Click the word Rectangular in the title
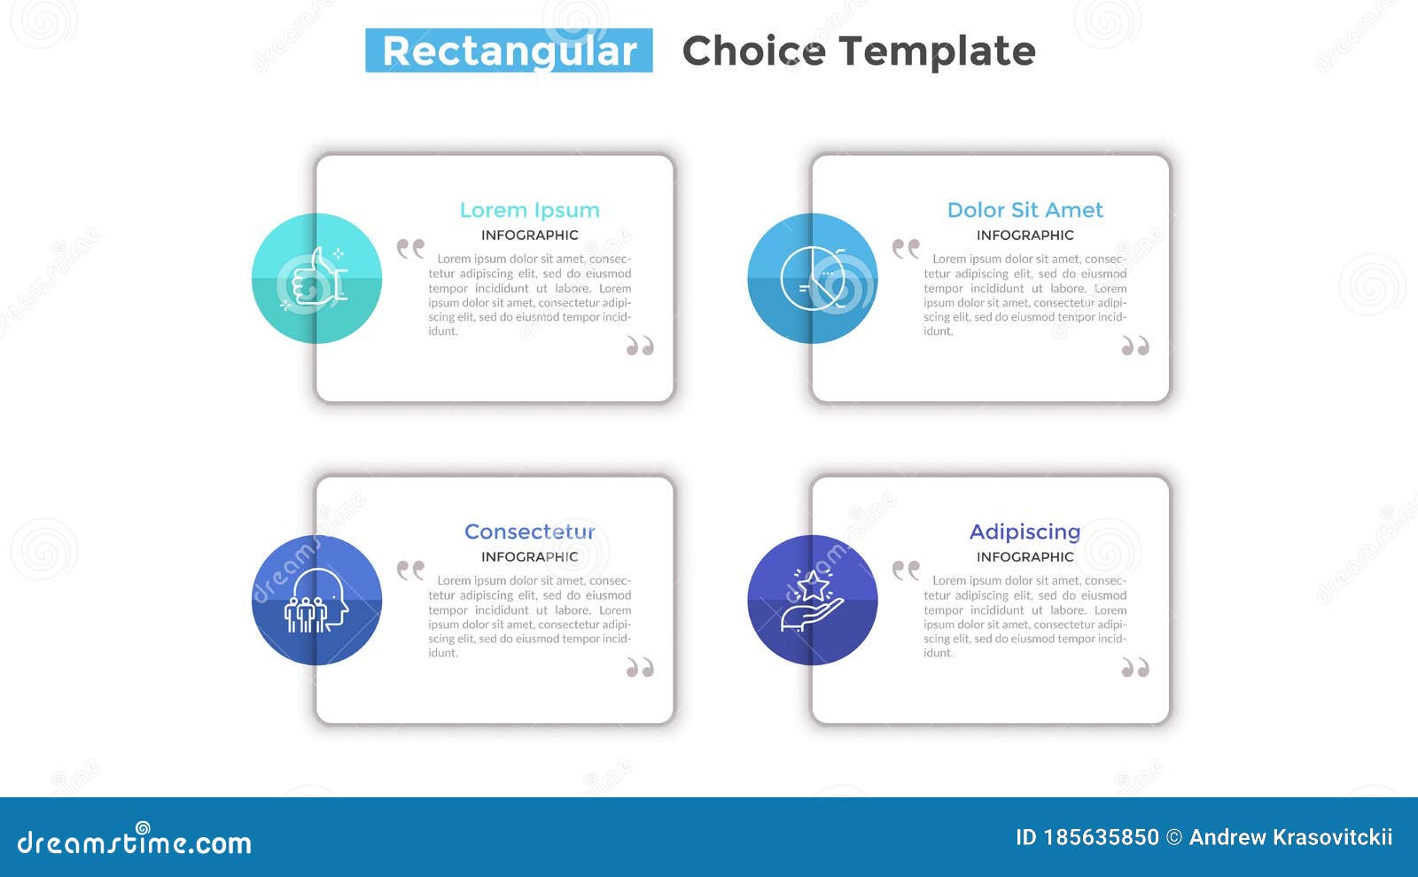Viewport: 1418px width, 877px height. (509, 50)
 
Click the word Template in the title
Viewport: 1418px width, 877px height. (952, 50)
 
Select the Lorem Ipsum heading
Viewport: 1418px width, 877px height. (529, 210)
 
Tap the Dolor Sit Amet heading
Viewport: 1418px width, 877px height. (1025, 210)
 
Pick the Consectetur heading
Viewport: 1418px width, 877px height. (529, 532)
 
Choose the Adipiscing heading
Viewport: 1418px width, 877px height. (1025, 532)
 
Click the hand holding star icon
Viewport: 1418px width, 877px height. (811, 601)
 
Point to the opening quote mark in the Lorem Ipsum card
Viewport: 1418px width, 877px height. (410, 248)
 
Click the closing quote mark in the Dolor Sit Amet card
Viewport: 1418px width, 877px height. (1135, 345)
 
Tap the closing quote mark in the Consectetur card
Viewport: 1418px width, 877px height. (640, 667)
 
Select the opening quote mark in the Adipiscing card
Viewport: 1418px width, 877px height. (906, 570)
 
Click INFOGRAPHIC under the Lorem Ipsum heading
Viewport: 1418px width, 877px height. (529, 235)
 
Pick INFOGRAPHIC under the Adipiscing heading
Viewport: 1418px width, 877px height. (1025, 556)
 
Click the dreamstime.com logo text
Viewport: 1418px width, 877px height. (134, 842)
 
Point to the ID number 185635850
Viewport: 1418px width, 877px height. (1101, 837)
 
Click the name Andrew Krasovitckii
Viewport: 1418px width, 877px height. (1290, 837)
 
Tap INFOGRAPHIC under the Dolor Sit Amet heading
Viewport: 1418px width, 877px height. (1025, 235)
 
